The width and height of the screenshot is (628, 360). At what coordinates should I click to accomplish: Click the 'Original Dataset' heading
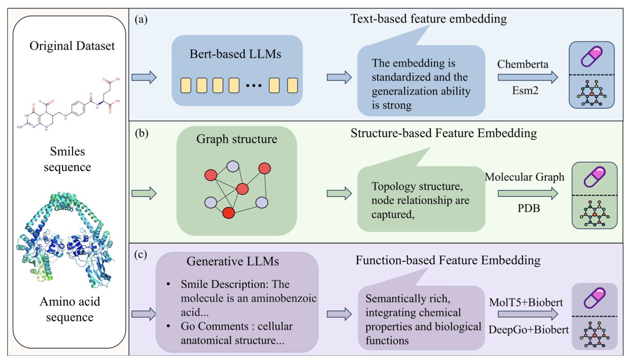pos(72,46)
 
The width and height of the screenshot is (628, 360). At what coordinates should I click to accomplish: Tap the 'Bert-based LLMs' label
pos(235,54)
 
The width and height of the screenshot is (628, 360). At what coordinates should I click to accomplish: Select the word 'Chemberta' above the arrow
pos(522,64)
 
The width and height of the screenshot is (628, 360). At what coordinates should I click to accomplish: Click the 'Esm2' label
pos(525,91)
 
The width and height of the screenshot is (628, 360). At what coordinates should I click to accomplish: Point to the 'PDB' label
pos(529,208)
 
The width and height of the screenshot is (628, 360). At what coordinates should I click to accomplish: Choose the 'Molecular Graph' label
pos(524,177)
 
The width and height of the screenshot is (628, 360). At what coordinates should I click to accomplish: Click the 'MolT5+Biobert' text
pos(526,302)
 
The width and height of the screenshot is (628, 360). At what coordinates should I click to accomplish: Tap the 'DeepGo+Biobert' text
pos(529,330)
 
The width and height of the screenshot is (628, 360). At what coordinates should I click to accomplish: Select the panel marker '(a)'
pos(141,19)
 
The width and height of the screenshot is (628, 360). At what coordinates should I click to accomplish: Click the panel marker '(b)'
pos(141,133)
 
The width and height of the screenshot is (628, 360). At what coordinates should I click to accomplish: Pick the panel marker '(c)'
pos(141,254)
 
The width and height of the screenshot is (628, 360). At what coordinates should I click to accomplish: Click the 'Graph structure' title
pos(237,139)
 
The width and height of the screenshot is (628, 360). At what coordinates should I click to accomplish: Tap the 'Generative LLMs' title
pos(233,261)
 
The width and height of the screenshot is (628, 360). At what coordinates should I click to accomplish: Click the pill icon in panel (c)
pos(594,298)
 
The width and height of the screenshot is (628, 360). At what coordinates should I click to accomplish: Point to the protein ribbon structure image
pos(66,240)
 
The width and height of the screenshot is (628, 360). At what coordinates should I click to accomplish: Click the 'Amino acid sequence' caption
pos(70,309)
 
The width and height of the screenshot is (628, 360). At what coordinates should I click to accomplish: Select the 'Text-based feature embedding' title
pos(428,19)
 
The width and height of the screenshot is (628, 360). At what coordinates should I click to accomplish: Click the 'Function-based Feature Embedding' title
pos(448,260)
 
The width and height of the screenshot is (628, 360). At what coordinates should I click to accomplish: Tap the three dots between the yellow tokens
pos(254,85)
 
